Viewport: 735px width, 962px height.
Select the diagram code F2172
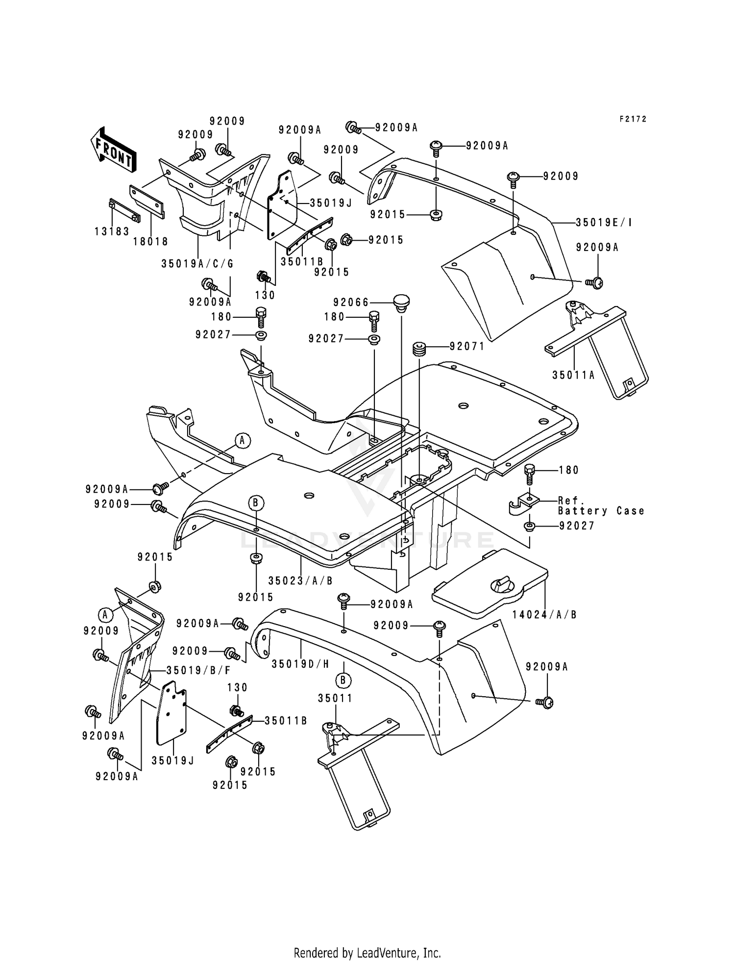point(633,119)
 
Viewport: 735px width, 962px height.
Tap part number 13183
point(112,231)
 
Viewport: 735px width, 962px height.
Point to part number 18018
point(151,241)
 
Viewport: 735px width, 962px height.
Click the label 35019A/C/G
point(197,264)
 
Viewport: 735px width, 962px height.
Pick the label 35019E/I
point(604,223)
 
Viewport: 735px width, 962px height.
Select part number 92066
point(351,303)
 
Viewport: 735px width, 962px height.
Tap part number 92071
point(467,347)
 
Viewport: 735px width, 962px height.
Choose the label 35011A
point(573,375)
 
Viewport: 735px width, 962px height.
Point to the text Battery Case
point(601,511)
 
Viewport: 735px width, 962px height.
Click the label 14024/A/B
point(544,614)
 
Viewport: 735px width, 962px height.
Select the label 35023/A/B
point(300,581)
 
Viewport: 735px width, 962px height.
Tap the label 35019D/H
point(300,664)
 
